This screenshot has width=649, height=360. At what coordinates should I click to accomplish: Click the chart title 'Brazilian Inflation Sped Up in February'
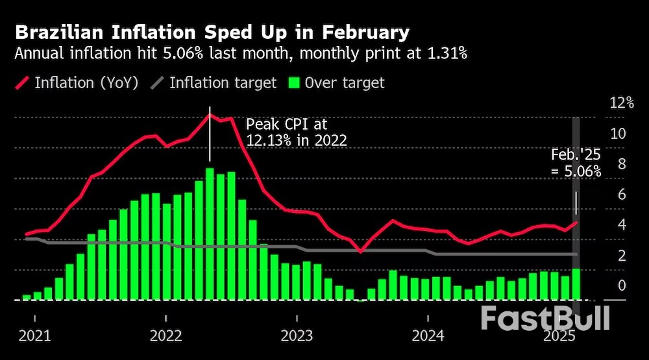click(x=212, y=32)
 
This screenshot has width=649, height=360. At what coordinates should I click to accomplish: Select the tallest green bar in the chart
click(x=210, y=234)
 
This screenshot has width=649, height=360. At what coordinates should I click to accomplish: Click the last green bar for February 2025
click(x=576, y=284)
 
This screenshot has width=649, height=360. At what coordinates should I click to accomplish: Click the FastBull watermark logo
click(x=545, y=318)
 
